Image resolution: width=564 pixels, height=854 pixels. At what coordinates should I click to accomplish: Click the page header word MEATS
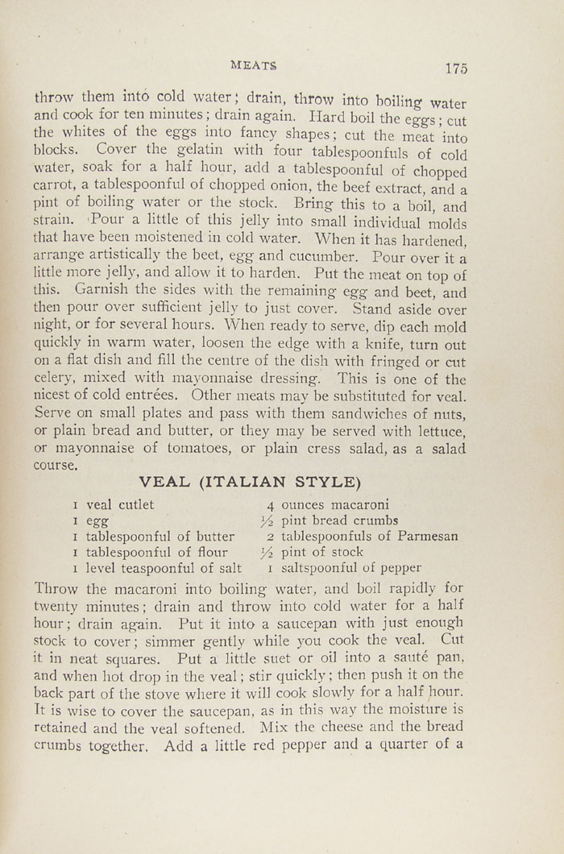click(x=253, y=64)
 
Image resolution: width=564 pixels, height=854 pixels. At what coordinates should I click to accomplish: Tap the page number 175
click(x=455, y=68)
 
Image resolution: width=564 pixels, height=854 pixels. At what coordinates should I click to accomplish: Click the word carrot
click(x=53, y=190)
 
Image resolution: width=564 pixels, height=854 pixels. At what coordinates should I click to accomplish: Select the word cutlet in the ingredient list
click(x=143, y=504)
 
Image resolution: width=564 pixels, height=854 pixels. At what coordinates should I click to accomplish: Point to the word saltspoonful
click(x=317, y=568)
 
